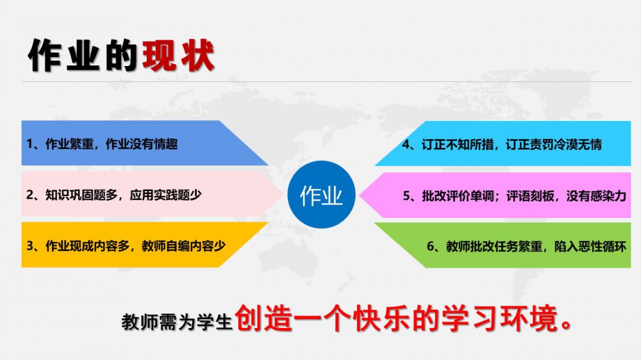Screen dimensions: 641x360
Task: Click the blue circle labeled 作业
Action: point(321,195)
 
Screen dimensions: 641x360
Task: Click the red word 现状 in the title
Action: point(178,56)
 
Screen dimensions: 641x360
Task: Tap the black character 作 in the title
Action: point(45,56)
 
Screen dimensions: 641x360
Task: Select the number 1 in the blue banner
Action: point(29,144)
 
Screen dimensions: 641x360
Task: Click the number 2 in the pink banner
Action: point(30,195)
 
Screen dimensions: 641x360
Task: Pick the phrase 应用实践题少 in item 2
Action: point(165,195)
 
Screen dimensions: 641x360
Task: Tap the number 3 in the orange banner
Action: point(30,245)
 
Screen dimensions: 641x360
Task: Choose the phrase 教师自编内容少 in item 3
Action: point(183,245)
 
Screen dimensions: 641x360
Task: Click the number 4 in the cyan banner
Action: point(406,144)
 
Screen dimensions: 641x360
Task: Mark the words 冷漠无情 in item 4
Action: point(578,144)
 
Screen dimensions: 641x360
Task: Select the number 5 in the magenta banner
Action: point(407,196)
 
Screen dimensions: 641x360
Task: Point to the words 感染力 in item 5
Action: point(608,196)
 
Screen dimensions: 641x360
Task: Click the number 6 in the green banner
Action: point(431,247)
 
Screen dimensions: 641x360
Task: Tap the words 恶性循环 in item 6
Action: point(602,247)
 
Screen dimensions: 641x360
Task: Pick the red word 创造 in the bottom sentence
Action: point(263,318)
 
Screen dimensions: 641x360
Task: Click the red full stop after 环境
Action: point(567,325)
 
